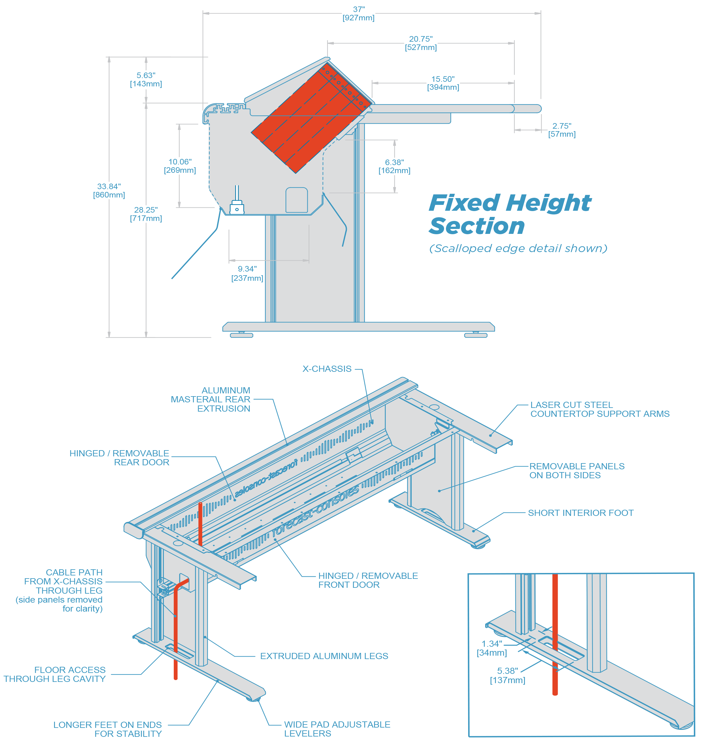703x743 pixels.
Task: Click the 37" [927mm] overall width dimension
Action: click(358, 14)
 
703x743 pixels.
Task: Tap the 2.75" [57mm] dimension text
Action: click(561, 130)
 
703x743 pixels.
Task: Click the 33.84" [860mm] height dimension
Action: click(109, 190)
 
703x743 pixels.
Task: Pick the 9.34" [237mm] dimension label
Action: click(247, 273)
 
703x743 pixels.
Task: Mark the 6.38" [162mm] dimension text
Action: click(394, 166)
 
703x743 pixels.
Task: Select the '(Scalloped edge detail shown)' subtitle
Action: click(518, 248)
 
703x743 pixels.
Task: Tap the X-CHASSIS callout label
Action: click(327, 369)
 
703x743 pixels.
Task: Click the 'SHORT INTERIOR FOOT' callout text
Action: click(580, 513)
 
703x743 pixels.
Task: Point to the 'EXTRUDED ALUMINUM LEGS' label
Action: click(324, 656)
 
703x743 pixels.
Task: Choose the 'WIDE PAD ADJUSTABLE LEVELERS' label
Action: click(337, 729)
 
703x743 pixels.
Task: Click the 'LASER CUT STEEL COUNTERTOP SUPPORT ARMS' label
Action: click(600, 409)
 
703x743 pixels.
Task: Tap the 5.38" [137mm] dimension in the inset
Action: click(507, 675)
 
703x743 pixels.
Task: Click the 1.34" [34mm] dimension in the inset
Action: click(492, 648)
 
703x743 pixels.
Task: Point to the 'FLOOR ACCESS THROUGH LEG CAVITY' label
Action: click(55, 674)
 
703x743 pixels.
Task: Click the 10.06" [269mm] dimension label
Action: click(180, 166)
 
